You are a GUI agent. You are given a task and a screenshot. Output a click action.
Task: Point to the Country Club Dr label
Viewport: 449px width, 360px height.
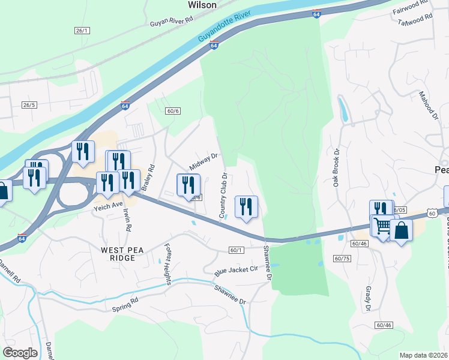(223, 196)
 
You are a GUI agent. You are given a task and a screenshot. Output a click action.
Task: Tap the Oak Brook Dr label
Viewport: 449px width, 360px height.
(337, 167)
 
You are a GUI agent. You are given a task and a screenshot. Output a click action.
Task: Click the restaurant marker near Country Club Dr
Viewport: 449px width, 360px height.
(246, 207)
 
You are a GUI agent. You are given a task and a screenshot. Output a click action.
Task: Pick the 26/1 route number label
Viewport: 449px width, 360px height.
(82, 31)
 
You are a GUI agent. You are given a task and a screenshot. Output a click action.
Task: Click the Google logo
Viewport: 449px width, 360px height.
(20, 353)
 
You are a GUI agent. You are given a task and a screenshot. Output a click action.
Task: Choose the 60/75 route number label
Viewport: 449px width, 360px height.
(342, 258)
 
